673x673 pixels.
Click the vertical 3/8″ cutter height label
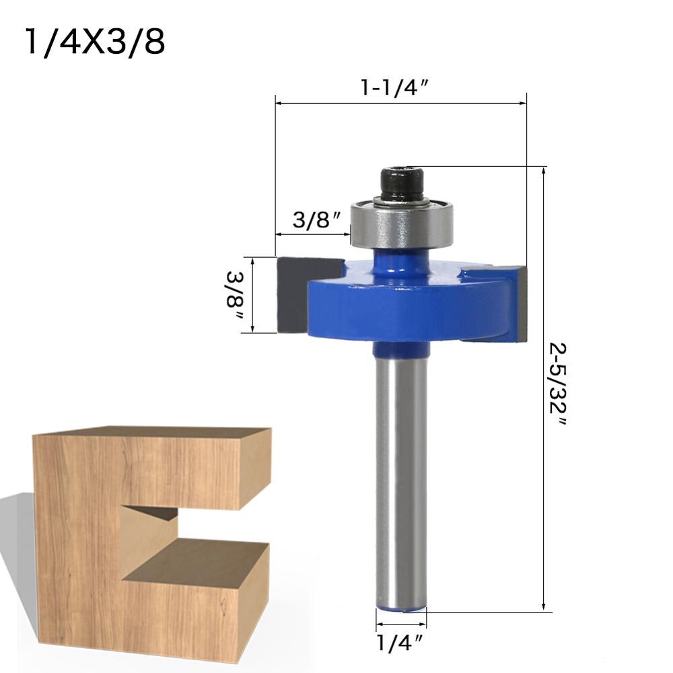pos(236,295)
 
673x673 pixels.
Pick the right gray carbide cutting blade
pos(518,303)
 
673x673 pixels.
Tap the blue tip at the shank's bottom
pos(401,608)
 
